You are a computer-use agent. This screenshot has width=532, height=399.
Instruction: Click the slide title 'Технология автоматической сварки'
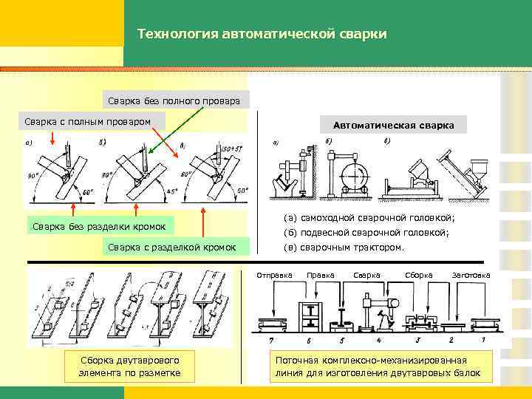pyautogui.click(x=262, y=35)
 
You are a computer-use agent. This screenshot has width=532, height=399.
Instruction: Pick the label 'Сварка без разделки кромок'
pyautogui.click(x=99, y=225)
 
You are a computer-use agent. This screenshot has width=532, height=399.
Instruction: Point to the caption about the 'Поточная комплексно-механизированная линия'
pyautogui.click(x=378, y=366)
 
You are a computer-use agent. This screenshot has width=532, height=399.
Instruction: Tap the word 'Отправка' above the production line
pyautogui.click(x=274, y=276)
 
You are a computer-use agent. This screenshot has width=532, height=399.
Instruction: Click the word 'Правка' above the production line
pyautogui.click(x=320, y=276)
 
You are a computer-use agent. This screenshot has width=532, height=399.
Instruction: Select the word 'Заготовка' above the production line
pyautogui.click(x=471, y=276)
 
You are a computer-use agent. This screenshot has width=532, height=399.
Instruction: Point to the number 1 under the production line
pyautogui.click(x=483, y=340)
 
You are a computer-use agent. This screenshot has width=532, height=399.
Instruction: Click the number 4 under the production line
pyautogui.click(x=378, y=340)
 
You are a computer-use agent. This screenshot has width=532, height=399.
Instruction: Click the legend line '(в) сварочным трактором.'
pyautogui.click(x=344, y=248)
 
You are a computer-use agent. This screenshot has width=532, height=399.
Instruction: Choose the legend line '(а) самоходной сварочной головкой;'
pyautogui.click(x=369, y=218)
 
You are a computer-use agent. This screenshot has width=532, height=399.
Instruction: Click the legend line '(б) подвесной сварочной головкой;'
pyautogui.click(x=366, y=233)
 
